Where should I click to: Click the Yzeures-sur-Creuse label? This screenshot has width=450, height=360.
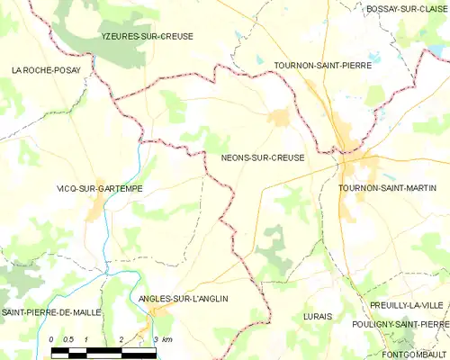pos(147,36)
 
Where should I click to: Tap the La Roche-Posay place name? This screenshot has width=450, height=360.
pos(45,69)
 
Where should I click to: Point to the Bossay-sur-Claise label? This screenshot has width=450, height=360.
pos(407,8)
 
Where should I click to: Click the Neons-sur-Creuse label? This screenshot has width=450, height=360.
pos(262,157)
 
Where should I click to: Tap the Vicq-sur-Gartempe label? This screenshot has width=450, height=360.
pos(100,188)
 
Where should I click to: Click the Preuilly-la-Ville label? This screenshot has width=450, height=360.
pos(406,305)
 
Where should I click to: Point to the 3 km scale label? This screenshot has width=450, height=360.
pos(162,338)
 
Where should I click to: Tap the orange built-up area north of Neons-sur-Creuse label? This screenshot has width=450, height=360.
pos(278,117)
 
